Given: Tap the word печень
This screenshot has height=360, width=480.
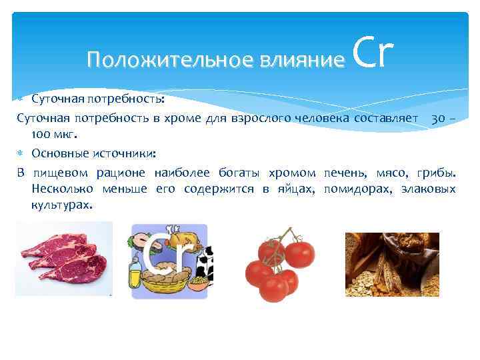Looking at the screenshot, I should (x=344, y=173).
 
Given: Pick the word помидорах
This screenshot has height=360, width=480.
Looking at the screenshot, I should (x=358, y=189).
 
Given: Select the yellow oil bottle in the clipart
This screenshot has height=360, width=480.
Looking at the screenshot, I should (x=136, y=273).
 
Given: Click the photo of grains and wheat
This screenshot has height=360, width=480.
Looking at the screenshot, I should (x=391, y=264).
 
